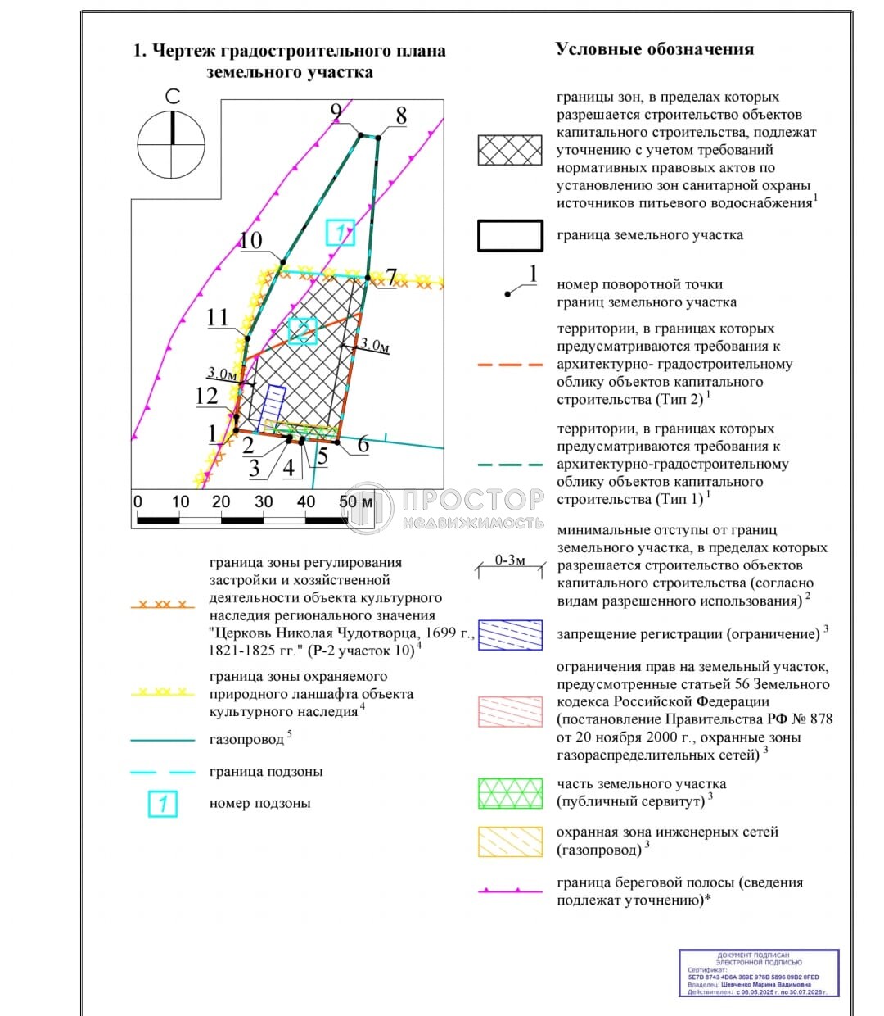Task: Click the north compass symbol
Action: (x=172, y=144)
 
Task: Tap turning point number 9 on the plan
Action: (x=336, y=113)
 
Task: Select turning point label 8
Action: (x=400, y=116)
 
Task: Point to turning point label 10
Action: (x=250, y=240)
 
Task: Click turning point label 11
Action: (x=218, y=317)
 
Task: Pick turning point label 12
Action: (x=206, y=396)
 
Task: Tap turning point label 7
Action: (x=391, y=278)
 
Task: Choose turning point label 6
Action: (x=363, y=445)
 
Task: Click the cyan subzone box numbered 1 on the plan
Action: (x=340, y=233)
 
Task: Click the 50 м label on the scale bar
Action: (x=355, y=501)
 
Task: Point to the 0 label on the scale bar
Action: (x=138, y=501)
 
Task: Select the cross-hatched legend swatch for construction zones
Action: (x=510, y=151)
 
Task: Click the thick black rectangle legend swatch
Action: (x=510, y=235)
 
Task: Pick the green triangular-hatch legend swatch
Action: (x=510, y=793)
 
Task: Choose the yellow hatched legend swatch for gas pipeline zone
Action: (x=510, y=841)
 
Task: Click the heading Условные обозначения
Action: (x=654, y=49)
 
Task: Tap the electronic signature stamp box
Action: (x=759, y=973)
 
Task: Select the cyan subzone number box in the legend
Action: (x=163, y=804)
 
